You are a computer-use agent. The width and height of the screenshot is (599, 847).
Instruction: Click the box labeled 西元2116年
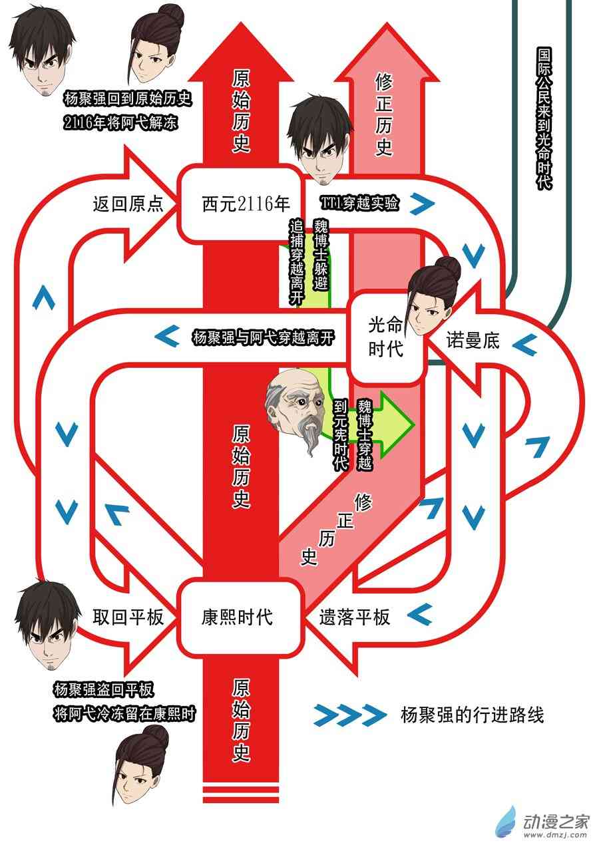[237, 204]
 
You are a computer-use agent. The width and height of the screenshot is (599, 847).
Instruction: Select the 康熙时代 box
[237, 617]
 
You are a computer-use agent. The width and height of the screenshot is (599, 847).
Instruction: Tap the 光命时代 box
[386, 337]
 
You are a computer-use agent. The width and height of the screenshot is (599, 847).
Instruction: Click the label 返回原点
[128, 204]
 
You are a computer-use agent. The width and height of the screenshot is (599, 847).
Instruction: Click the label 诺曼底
[473, 343]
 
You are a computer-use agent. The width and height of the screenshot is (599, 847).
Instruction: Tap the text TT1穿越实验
[360, 204]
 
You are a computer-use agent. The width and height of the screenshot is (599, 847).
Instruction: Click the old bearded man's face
[298, 407]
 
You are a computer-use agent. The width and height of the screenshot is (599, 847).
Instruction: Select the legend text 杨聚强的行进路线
[472, 715]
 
